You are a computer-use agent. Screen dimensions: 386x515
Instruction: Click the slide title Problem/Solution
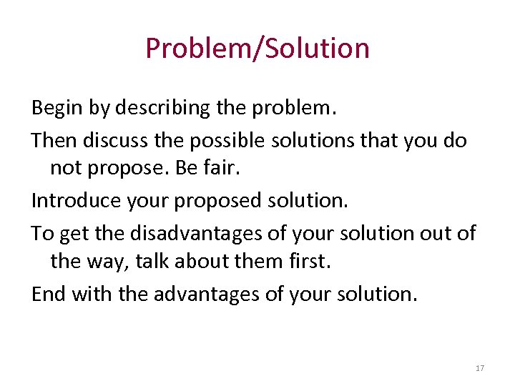click(257, 49)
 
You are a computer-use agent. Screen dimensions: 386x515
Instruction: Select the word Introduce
click(77, 201)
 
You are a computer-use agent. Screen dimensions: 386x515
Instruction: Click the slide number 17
click(480, 368)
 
